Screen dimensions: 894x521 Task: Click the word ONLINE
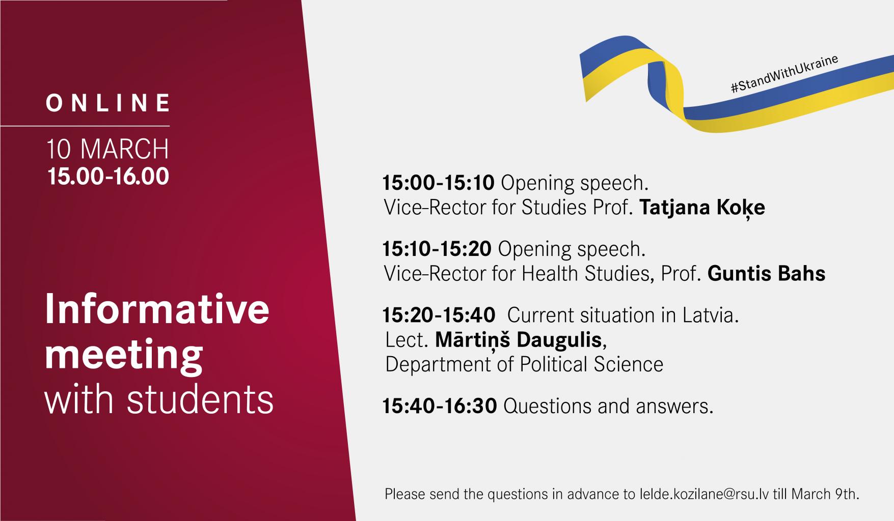click(x=108, y=103)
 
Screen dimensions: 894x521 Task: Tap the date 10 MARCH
click(x=108, y=149)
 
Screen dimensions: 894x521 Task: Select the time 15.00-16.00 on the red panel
click(x=108, y=177)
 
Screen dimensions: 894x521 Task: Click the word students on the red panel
click(x=200, y=399)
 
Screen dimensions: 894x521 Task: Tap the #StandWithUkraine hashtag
click(x=784, y=74)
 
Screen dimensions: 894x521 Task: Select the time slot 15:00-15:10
click(x=439, y=183)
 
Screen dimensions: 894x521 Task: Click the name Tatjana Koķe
click(x=702, y=208)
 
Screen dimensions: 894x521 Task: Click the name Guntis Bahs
click(x=767, y=274)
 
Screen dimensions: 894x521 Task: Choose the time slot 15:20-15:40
click(x=439, y=315)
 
